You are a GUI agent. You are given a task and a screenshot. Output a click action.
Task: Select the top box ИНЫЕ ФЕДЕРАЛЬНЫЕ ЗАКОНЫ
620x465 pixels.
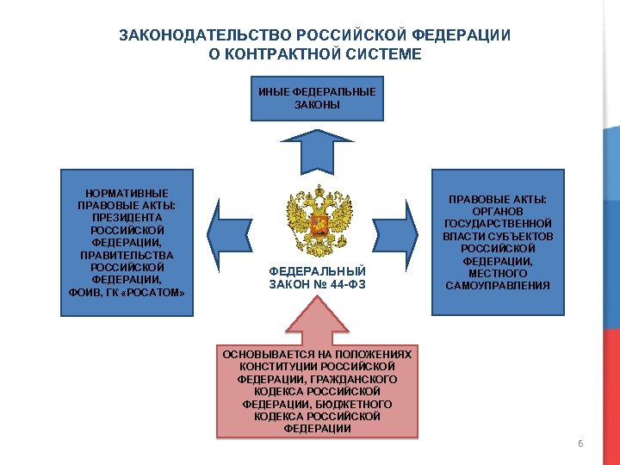coord(316,98)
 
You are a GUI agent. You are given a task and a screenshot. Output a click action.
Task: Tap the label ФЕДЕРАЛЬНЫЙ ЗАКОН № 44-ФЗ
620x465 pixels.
coord(317,277)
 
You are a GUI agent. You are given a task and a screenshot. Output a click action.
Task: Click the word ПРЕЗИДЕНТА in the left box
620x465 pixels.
coord(127,218)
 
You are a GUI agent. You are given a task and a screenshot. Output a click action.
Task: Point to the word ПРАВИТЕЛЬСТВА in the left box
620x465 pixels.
coord(127,255)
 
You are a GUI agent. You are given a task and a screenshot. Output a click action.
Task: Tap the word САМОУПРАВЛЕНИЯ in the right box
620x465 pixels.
coord(497,285)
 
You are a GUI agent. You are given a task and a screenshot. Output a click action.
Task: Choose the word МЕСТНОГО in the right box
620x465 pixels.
coord(497,273)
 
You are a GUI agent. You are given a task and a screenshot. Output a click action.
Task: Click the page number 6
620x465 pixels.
coord(580,444)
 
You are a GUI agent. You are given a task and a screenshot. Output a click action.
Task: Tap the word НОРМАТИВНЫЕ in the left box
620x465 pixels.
coord(127,193)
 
